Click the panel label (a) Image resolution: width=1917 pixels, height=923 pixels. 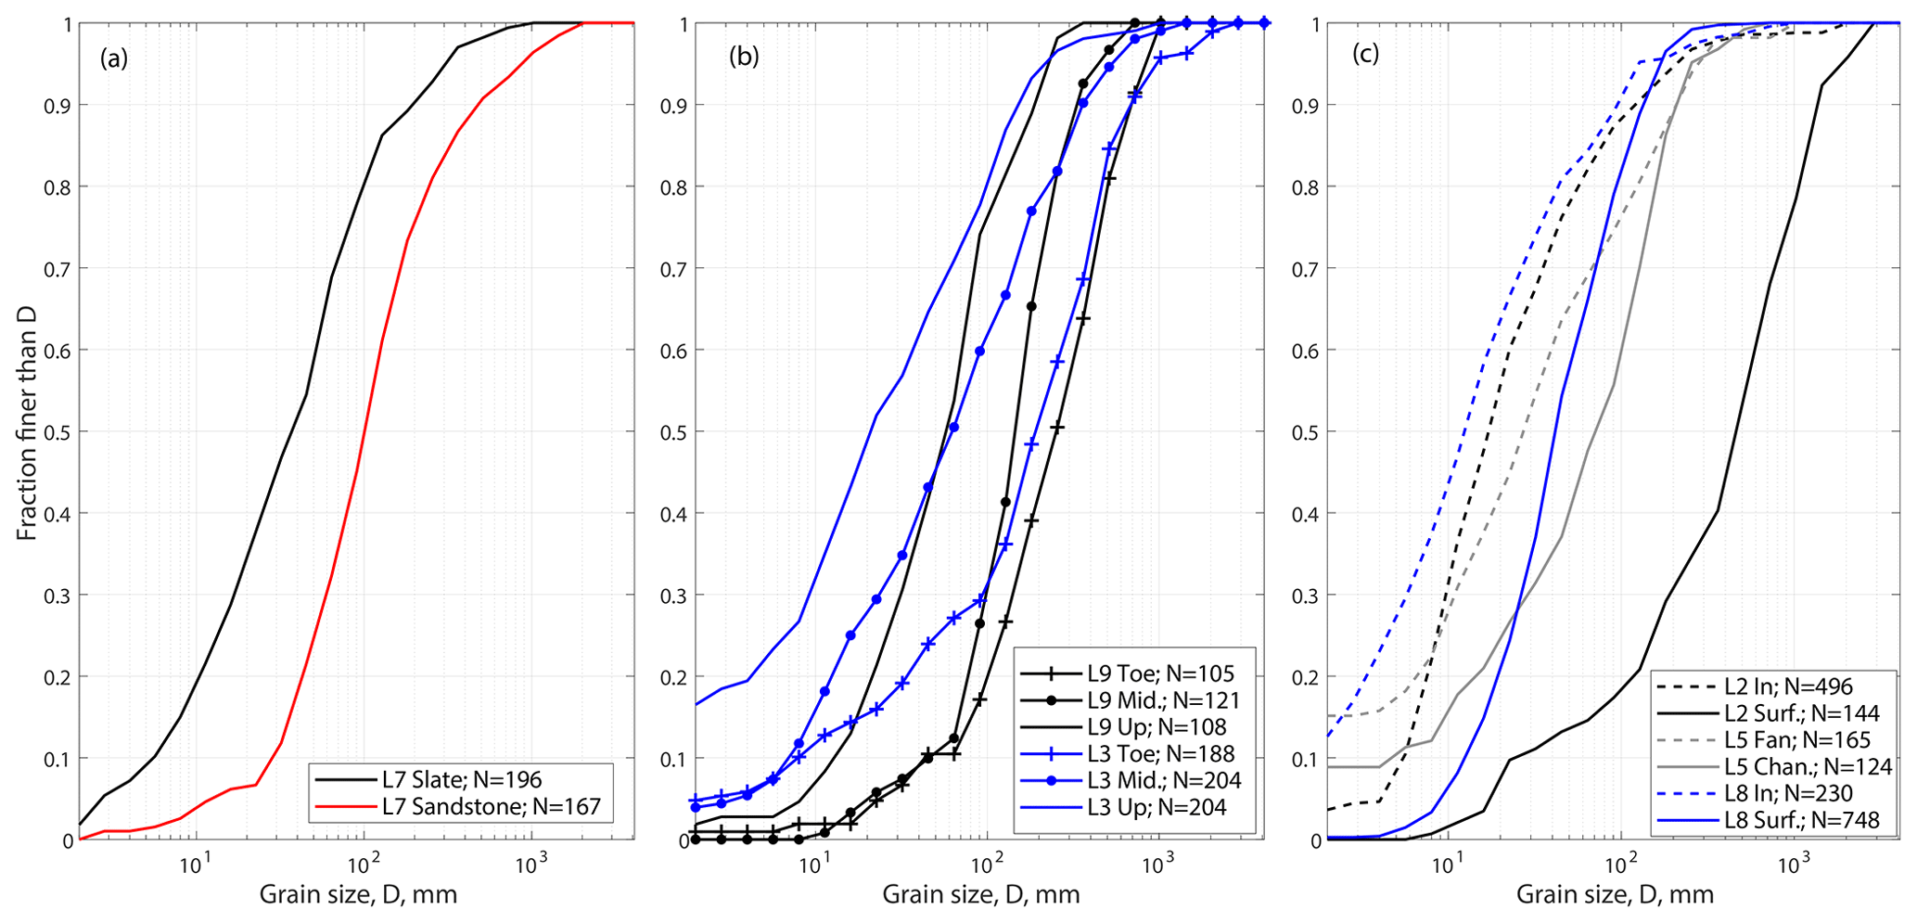coord(114,58)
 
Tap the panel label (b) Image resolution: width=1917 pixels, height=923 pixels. coord(744,57)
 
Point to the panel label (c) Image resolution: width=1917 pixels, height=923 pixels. coord(1365,54)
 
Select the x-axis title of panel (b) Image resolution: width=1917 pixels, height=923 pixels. coord(980,895)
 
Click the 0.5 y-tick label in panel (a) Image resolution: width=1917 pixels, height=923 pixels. coord(57,432)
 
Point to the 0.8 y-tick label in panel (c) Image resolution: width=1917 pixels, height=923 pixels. coord(1305,187)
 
